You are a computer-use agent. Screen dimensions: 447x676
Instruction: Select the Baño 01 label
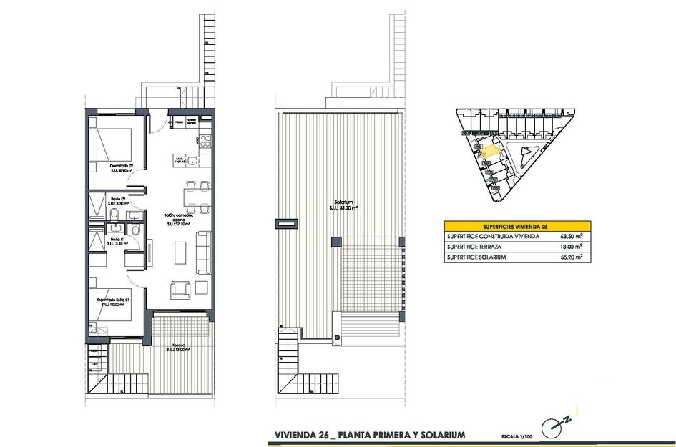(x=117, y=240)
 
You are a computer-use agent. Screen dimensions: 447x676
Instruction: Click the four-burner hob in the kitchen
(x=205, y=139)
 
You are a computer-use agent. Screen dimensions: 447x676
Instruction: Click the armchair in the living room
(x=180, y=290)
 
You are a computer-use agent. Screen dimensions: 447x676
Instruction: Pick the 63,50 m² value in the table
(x=570, y=235)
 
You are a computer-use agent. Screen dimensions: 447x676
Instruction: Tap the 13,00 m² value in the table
(x=570, y=246)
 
